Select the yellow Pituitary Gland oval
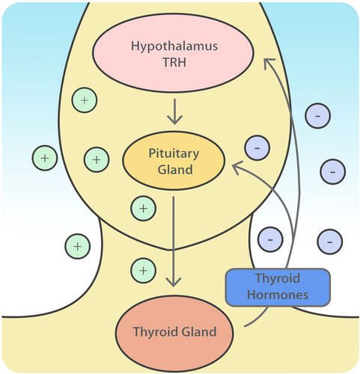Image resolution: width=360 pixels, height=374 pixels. tap(174, 161)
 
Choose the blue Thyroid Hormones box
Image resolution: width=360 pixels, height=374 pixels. tap(277, 287)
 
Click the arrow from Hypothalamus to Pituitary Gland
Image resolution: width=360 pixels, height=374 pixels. tap(174, 111)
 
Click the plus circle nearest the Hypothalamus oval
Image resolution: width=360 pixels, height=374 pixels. tap(85, 99)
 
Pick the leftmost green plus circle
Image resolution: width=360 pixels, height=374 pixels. tap(45, 158)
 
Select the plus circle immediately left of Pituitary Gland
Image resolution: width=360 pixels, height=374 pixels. tap(97, 158)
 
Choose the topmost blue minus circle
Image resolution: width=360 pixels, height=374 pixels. tap(319, 117)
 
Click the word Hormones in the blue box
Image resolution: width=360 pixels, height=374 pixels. tap(277, 295)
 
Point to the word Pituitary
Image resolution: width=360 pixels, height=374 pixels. tap(174, 154)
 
